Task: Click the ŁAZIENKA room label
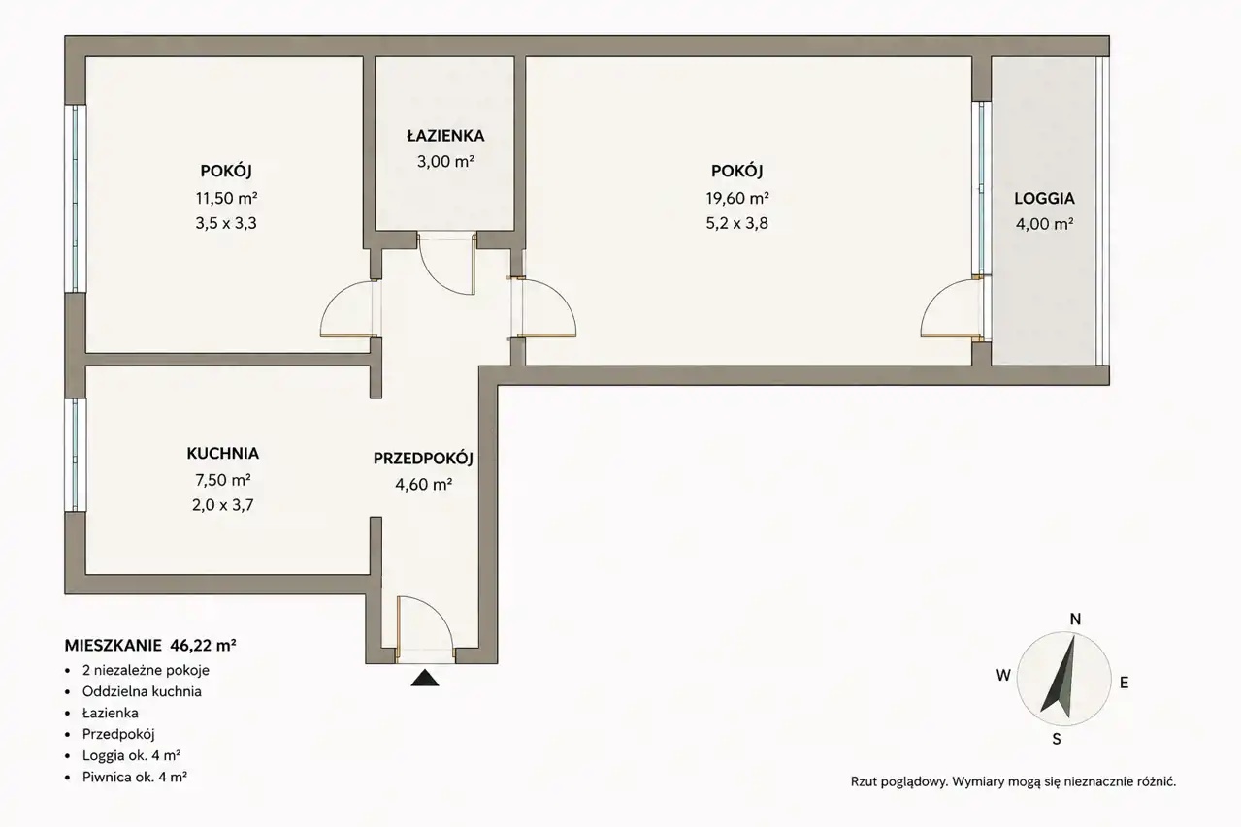(445, 136)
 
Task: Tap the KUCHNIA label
(223, 454)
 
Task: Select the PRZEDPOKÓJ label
(423, 459)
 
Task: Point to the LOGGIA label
(1044, 198)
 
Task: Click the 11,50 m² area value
(226, 197)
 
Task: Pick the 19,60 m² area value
(736, 197)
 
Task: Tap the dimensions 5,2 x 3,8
(736, 223)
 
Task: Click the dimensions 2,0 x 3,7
(223, 505)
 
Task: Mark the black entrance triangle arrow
(425, 678)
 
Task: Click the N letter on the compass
(1075, 619)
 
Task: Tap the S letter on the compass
(1057, 739)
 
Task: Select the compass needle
(1061, 677)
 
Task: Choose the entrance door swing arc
(438, 614)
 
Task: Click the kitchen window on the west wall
(76, 455)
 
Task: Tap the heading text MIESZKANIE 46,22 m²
(150, 646)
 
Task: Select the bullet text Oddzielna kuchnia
(142, 691)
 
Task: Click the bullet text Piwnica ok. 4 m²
(135, 777)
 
